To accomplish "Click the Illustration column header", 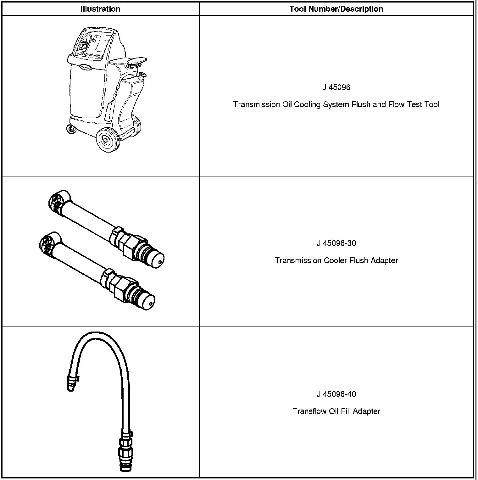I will click(100, 9).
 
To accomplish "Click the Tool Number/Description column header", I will click(336, 9).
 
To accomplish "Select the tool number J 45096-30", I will click(336, 243).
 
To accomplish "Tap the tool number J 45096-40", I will click(336, 394).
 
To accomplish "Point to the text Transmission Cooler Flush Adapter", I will click(336, 260).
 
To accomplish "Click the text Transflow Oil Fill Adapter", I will click(336, 411).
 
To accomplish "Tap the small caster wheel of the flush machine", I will click(71, 129).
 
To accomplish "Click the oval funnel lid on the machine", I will click(137, 62).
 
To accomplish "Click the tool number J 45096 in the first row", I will click(336, 87).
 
